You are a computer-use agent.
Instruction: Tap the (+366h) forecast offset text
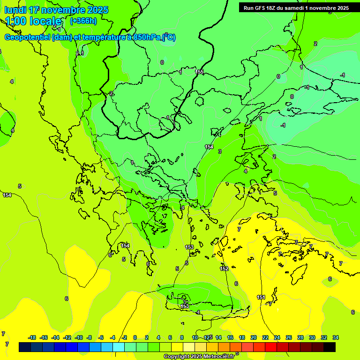coord(83,21)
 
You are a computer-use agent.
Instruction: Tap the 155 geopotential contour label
coord(199,72)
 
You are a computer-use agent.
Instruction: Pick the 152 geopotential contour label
coord(224,269)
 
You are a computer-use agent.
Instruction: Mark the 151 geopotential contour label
coord(261,297)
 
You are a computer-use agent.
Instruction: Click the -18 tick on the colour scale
coord(32,337)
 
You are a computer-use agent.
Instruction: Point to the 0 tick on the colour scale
coord(135,337)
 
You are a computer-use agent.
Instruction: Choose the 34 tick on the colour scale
coord(336,337)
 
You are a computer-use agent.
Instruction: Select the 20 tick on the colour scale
coord(254,337)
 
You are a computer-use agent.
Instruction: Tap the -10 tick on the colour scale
coord(78,337)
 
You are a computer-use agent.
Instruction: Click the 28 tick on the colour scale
coord(300,337)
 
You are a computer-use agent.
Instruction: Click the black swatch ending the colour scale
coord(330,347)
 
